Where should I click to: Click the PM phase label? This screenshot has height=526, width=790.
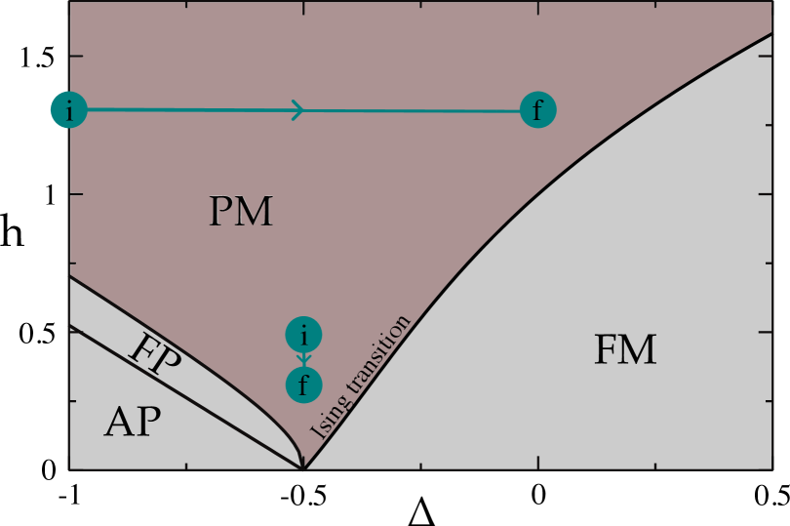click(x=240, y=212)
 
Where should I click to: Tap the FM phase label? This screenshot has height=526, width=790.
click(x=625, y=349)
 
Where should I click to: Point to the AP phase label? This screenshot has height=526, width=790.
click(x=133, y=423)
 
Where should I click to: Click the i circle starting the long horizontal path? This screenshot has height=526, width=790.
click(x=69, y=110)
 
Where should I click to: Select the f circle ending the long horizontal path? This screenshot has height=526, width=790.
click(x=537, y=110)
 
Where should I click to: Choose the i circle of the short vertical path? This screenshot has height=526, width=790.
click(x=303, y=336)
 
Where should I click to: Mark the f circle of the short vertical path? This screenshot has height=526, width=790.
click(x=303, y=384)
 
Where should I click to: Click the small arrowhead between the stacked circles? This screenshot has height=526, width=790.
click(x=303, y=361)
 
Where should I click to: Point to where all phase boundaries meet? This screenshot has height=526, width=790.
click(x=303, y=468)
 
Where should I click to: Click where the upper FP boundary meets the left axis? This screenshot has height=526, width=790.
click(x=70, y=277)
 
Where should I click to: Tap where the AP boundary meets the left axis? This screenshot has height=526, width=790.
click(x=70, y=325)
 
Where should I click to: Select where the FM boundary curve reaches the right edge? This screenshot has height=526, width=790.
click(x=771, y=33)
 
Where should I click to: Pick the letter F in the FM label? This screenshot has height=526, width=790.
click(x=607, y=349)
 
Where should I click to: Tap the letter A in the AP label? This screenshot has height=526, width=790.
click(x=118, y=423)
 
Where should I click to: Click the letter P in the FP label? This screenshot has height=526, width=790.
click(x=168, y=364)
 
